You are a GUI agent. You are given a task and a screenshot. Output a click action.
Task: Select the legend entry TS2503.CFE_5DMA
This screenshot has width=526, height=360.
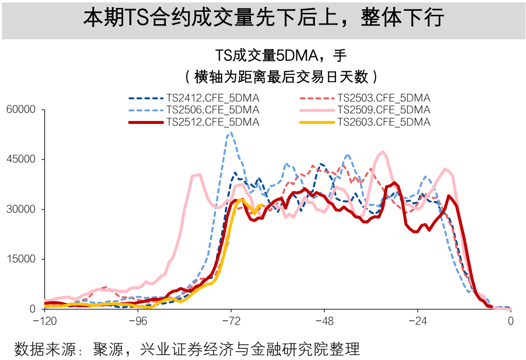(x=383, y=97)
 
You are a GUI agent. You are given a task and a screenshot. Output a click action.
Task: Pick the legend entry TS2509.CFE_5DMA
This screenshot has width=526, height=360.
(x=383, y=109)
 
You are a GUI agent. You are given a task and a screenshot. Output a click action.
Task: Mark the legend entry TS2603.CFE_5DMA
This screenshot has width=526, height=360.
(x=383, y=121)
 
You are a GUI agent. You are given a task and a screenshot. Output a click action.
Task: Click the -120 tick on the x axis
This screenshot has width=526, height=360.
(x=45, y=321)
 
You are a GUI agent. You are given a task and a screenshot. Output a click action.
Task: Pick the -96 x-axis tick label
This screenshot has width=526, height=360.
(x=138, y=321)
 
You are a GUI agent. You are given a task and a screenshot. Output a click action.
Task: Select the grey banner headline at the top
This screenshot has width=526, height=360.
(x=263, y=18)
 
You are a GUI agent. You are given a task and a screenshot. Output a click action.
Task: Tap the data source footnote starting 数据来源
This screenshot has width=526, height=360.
(x=187, y=349)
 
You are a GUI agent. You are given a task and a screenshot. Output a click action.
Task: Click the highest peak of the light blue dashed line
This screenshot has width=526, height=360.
(x=230, y=132)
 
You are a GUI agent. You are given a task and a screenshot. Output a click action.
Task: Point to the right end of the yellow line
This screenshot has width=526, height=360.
(x=262, y=205)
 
